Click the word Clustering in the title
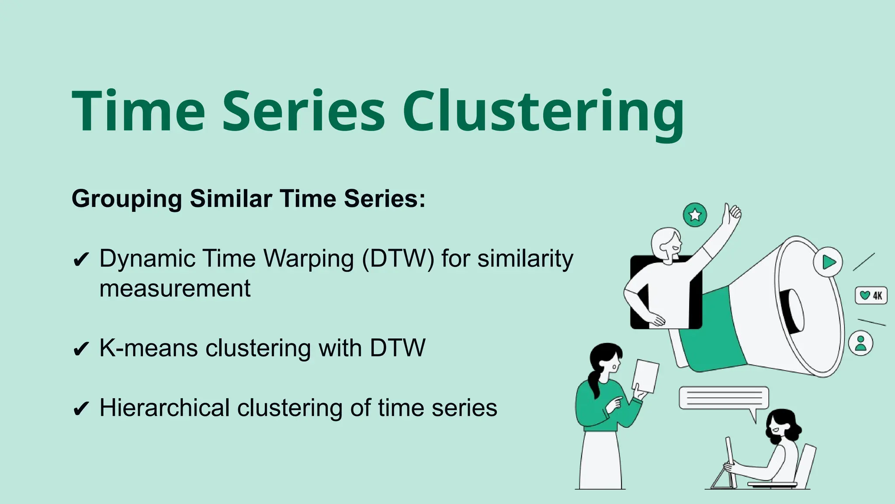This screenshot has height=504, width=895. (x=543, y=112)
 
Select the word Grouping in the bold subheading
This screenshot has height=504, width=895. (x=127, y=199)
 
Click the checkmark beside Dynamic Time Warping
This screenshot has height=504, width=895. (x=81, y=259)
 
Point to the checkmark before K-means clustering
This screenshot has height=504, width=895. (x=81, y=349)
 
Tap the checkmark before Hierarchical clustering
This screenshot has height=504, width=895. (x=81, y=409)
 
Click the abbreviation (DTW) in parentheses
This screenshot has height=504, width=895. (x=398, y=259)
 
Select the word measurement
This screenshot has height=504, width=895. (x=175, y=289)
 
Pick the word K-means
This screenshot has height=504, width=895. (x=149, y=348)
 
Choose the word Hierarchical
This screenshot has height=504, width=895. (x=164, y=408)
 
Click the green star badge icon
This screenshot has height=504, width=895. (x=694, y=215)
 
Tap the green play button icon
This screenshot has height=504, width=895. (x=828, y=262)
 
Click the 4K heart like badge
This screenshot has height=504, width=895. (x=871, y=295)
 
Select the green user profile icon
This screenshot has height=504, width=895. (x=860, y=343)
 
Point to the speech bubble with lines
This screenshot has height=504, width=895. (x=723, y=398)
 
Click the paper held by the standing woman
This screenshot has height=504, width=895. (x=646, y=376)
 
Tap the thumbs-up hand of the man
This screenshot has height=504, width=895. (x=732, y=214)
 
